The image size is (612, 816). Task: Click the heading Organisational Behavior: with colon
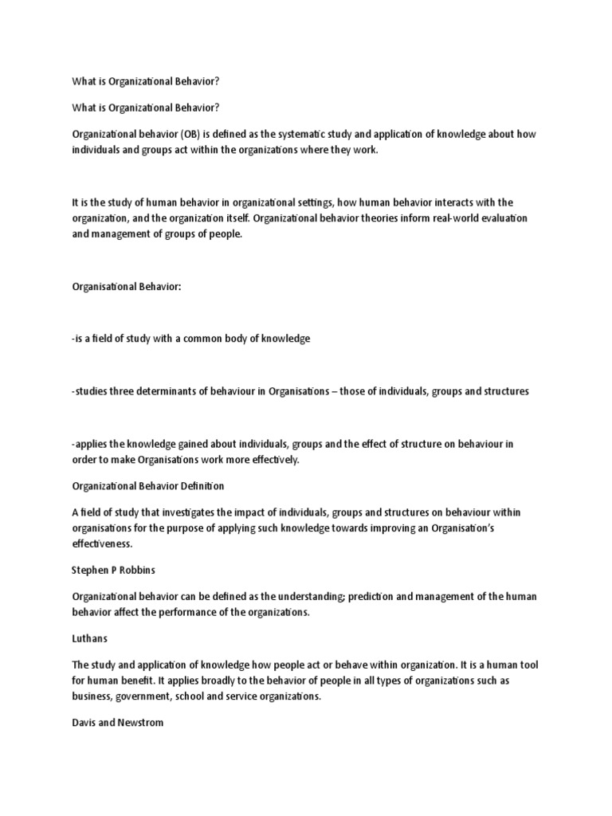[127, 286]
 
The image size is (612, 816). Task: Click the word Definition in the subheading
[200, 485]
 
